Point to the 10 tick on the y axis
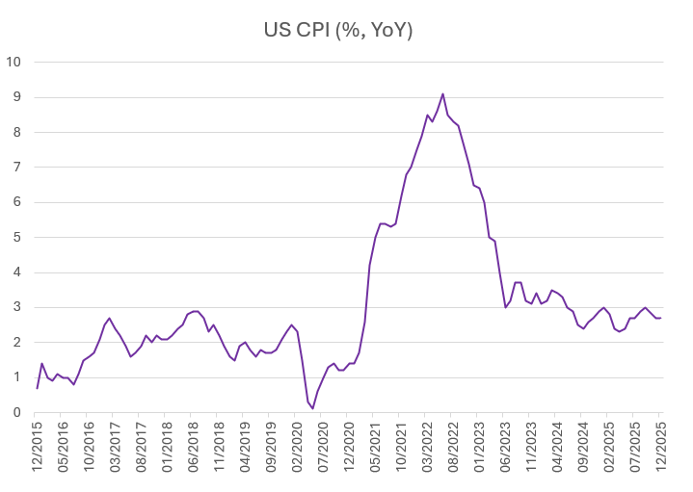[15, 63]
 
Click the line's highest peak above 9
[442, 93]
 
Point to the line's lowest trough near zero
[312, 408]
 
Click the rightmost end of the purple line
[661, 318]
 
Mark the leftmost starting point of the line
[37, 388]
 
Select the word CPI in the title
[309, 31]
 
